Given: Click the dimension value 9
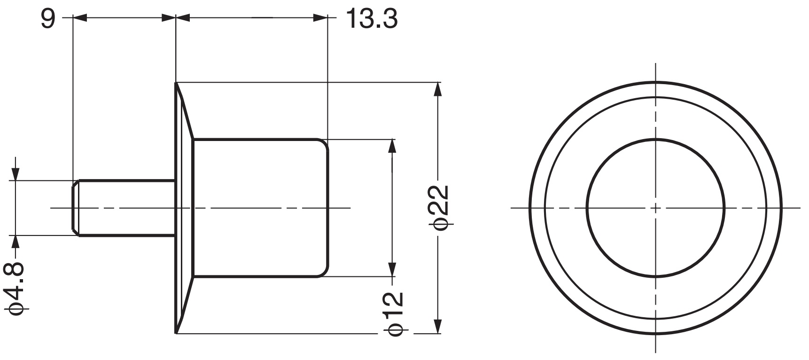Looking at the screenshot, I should pos(47,19).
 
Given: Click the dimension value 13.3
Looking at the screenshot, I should pos(371,19).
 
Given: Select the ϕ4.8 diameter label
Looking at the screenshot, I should pos(16,289).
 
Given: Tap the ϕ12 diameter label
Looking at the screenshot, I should pos(394,313).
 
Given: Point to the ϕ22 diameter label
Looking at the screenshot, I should pos(440,207).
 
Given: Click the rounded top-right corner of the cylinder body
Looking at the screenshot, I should pos(324,143).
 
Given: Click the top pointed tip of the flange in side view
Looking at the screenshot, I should pos(177,84).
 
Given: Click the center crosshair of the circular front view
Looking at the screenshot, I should pos(656,207).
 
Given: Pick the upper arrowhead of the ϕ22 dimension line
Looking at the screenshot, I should pos(438,89).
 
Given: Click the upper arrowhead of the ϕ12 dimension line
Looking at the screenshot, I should pos(391,146).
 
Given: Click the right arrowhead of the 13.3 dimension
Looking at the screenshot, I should pos(320,18).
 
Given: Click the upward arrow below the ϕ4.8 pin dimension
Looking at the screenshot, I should pos(16,241).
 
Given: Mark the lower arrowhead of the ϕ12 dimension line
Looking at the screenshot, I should pos(391,270).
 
